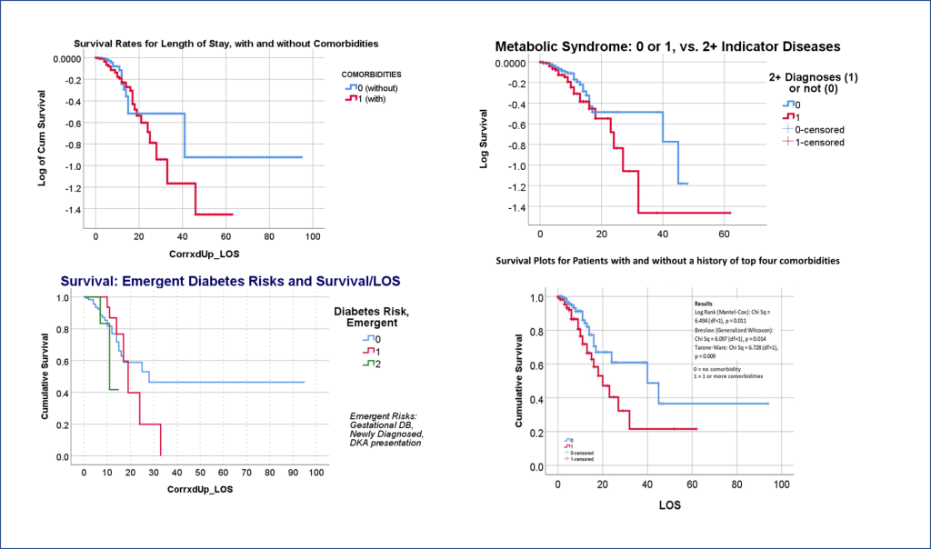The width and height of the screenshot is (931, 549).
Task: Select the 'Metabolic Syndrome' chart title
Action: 668,46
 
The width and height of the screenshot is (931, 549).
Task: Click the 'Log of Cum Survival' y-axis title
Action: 42,135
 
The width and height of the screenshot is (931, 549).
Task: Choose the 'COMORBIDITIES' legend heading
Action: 371,73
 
